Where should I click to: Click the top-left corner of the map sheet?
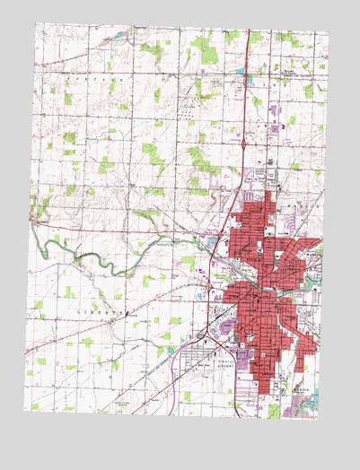click(x=37, y=22)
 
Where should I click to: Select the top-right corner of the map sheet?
click(x=329, y=32)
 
